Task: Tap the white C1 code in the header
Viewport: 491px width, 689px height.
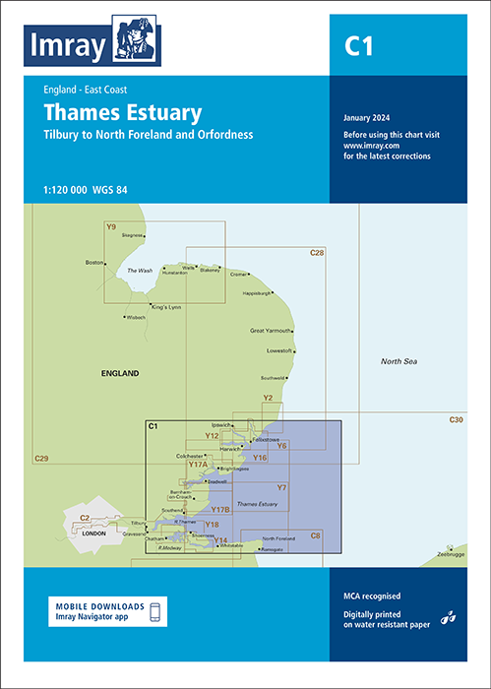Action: pos(359,47)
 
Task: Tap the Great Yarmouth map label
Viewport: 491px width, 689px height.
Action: pos(273,331)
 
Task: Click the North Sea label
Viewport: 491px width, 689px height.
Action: pos(399,363)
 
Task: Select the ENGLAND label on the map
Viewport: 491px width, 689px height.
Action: pos(120,374)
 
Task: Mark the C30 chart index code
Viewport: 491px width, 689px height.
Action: pos(455,420)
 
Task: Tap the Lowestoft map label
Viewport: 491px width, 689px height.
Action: pos(279,350)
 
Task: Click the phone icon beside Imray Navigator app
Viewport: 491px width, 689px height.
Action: pos(154,612)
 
